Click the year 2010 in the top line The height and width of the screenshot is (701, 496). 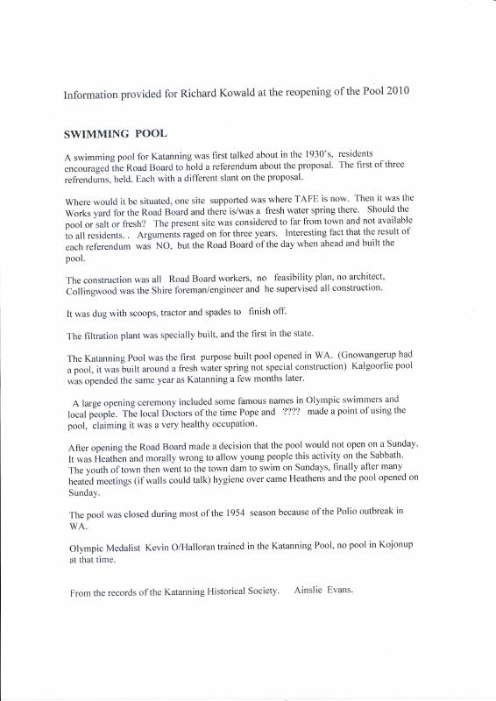tap(415, 91)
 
